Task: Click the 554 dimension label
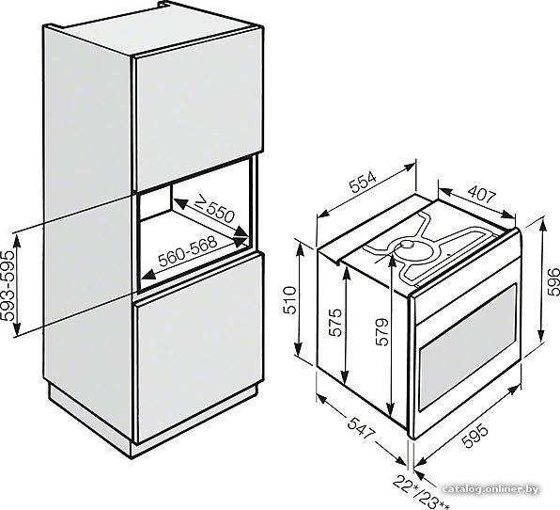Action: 363,183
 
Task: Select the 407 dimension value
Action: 482,196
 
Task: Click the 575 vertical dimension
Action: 335,322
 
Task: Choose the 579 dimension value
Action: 381,331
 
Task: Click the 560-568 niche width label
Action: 188,251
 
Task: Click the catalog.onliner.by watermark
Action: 490,489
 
